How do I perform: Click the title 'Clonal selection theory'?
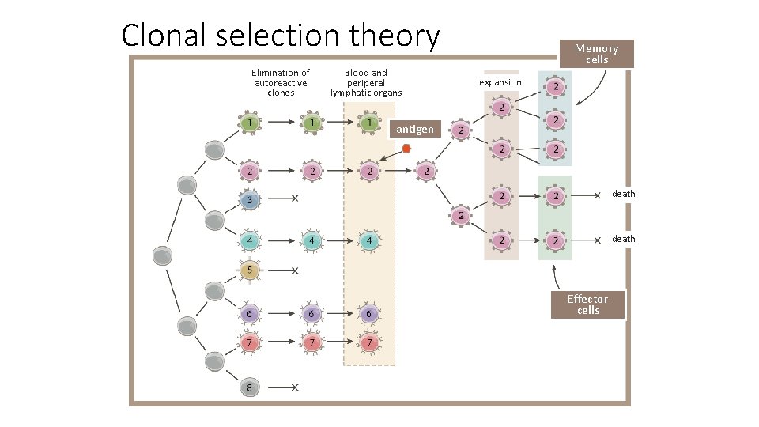coord(281,36)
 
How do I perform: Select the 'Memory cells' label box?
coord(596,54)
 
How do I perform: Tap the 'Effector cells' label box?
coord(587,304)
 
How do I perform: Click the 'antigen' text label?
coord(414,129)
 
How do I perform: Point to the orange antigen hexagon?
coord(406,149)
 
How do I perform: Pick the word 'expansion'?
coord(500,82)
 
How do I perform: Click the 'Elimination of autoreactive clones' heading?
coord(281,83)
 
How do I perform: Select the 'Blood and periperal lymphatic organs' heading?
coord(366,83)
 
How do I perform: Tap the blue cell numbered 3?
coord(250,200)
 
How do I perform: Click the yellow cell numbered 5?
coord(250,270)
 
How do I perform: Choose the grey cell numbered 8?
coord(250,387)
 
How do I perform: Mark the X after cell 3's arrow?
coord(295,198)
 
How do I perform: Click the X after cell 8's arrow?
coord(295,387)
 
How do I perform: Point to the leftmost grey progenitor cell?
coord(162,256)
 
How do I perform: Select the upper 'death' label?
coord(623,195)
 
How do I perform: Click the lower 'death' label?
coord(623,239)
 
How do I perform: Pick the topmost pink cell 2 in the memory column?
coord(557,86)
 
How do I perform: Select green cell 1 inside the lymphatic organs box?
coord(368,123)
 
